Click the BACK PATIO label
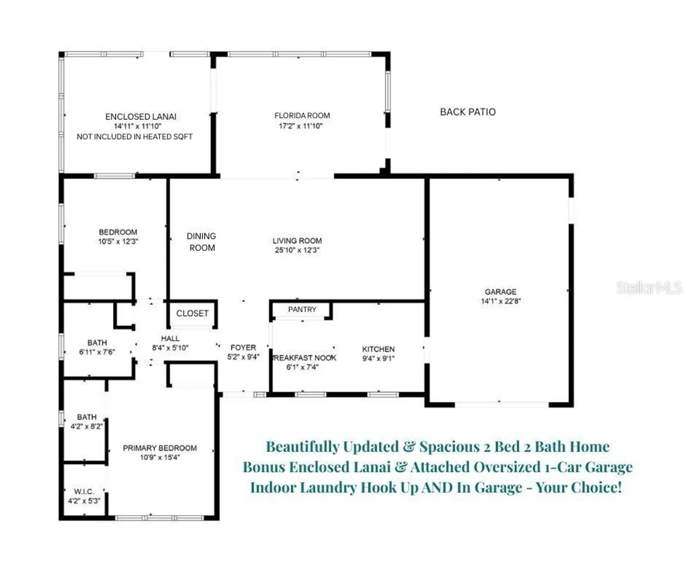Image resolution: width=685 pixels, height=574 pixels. [468, 112]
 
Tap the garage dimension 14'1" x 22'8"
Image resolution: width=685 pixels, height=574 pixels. [500, 301]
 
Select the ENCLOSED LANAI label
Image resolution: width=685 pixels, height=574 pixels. [141, 116]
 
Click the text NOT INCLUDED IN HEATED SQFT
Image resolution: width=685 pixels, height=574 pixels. [134, 137]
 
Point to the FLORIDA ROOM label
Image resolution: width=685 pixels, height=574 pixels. [302, 116]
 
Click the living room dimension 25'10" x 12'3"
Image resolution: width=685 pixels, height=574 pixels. [297, 250]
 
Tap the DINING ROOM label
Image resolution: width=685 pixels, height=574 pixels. [202, 242]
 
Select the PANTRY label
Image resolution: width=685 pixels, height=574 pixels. [302, 309]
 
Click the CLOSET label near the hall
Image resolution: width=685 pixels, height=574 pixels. [192, 313]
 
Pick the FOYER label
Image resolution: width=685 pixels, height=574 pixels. [243, 347]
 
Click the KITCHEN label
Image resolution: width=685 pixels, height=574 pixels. [378, 349]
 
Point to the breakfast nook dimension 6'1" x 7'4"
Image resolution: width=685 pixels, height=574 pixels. [302, 367]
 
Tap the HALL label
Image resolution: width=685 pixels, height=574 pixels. [170, 338]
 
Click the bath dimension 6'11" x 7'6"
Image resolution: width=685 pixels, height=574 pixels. [97, 352]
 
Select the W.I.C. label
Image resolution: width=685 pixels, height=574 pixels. [84, 491]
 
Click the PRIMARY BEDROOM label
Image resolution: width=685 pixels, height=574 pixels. [160, 448]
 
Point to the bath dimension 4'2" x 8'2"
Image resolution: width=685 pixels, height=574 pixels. [87, 426]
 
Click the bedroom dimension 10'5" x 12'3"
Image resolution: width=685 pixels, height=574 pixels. [118, 241]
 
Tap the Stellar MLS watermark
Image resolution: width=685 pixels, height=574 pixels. [649, 287]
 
